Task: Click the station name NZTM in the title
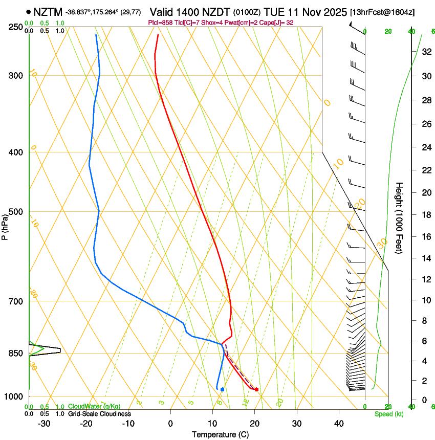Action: click(x=48, y=11)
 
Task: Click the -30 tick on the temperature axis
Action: click(x=44, y=423)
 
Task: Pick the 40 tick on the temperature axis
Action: click(x=338, y=423)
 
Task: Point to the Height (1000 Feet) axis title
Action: click(x=400, y=217)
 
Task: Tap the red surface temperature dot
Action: click(x=256, y=389)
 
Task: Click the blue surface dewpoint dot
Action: click(x=222, y=389)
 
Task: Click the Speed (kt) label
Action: click(x=388, y=414)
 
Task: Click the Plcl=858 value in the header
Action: click(x=160, y=23)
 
